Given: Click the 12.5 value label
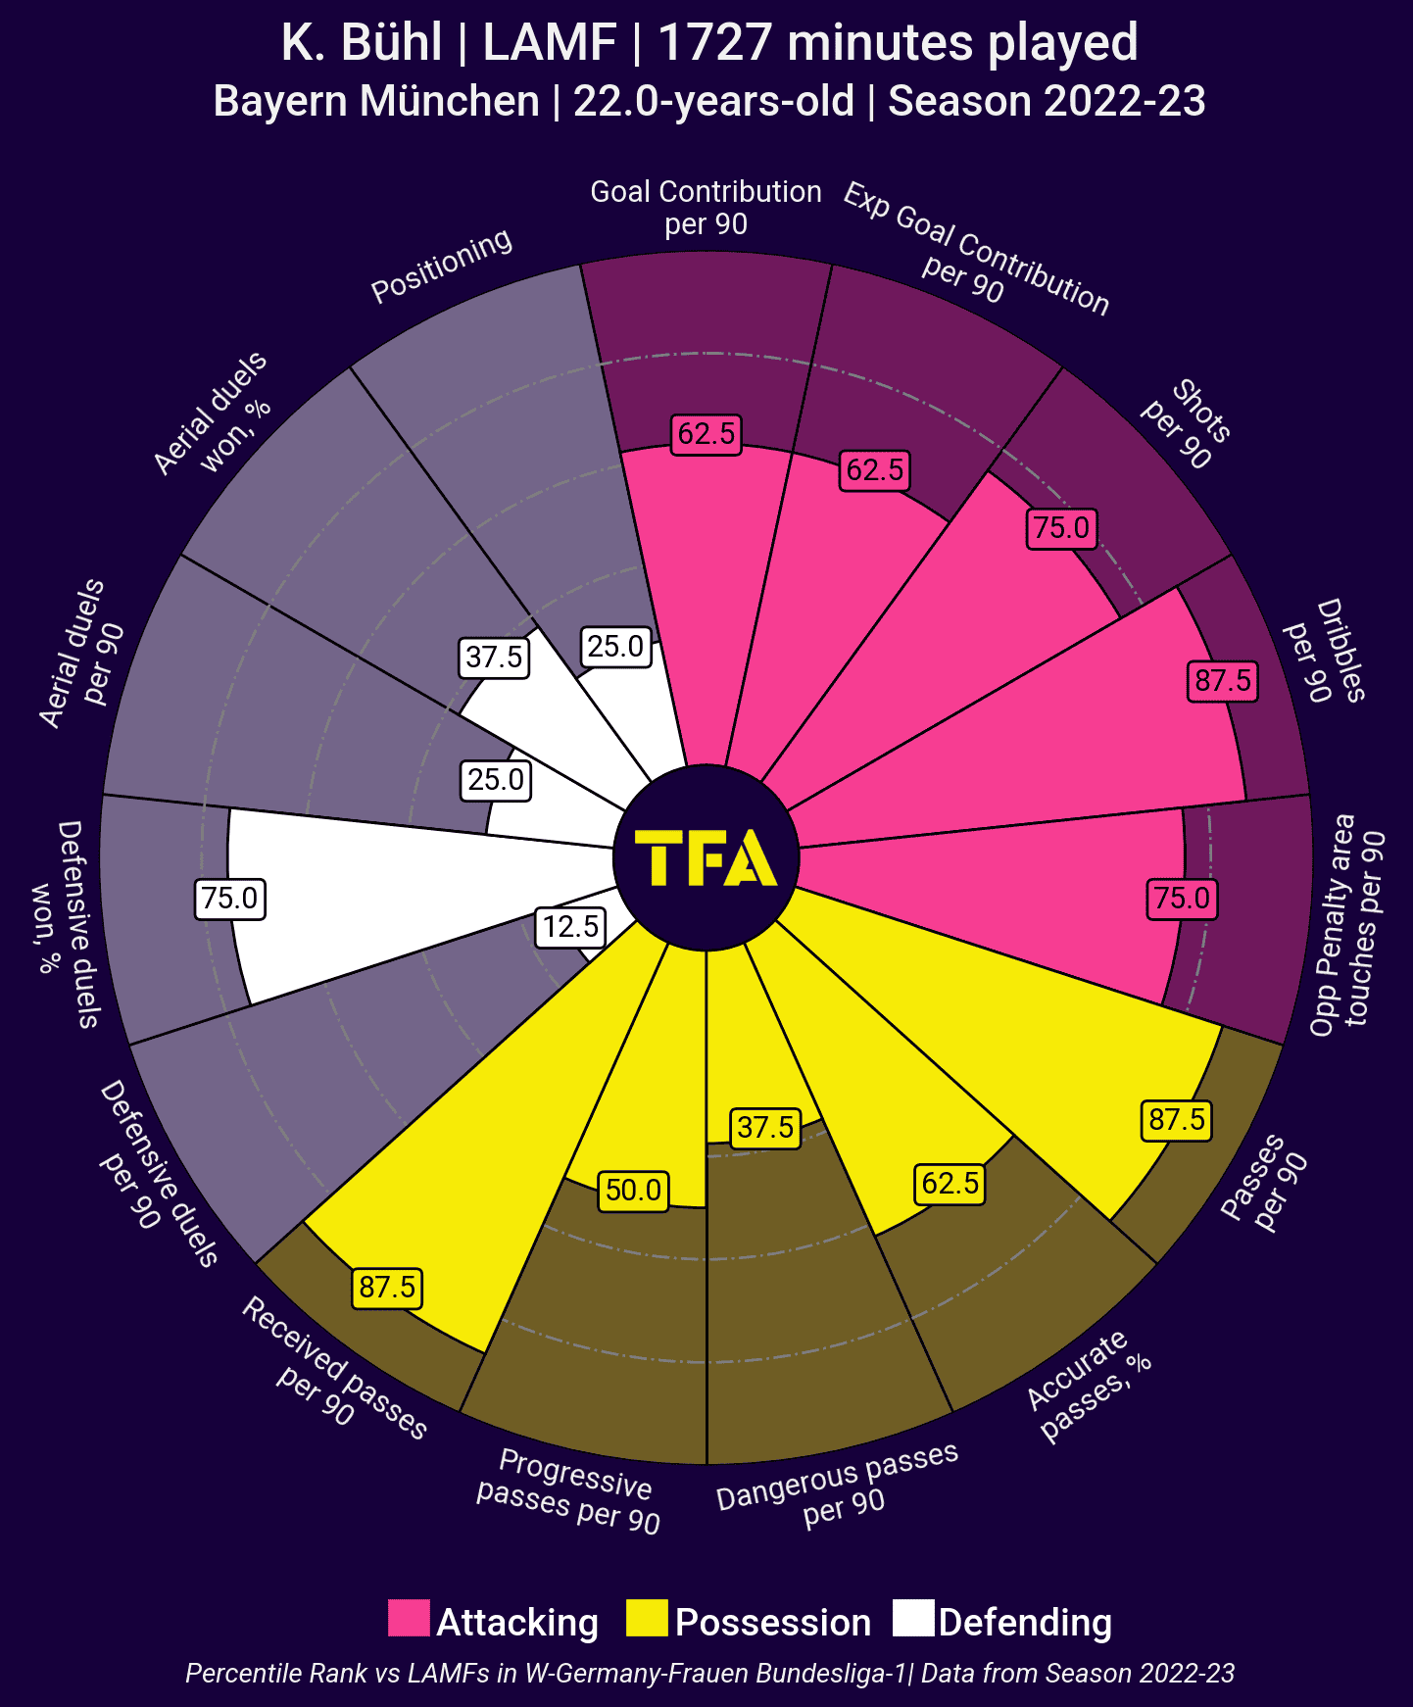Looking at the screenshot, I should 570,927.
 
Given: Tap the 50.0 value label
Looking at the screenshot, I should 633,1191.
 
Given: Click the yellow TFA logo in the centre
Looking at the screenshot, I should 706,858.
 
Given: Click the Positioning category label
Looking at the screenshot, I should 442,265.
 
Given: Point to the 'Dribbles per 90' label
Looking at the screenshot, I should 1326,651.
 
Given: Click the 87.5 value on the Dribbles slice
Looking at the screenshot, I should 1223,680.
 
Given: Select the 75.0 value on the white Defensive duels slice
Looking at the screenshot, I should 230,899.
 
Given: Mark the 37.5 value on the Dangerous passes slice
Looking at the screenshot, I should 765,1128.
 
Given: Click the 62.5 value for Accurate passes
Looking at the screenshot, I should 950,1184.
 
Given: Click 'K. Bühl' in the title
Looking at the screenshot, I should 361,43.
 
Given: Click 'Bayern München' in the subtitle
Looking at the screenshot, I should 376,102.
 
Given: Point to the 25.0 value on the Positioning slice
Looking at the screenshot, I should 615,647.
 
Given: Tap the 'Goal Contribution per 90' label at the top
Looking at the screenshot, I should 706,208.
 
